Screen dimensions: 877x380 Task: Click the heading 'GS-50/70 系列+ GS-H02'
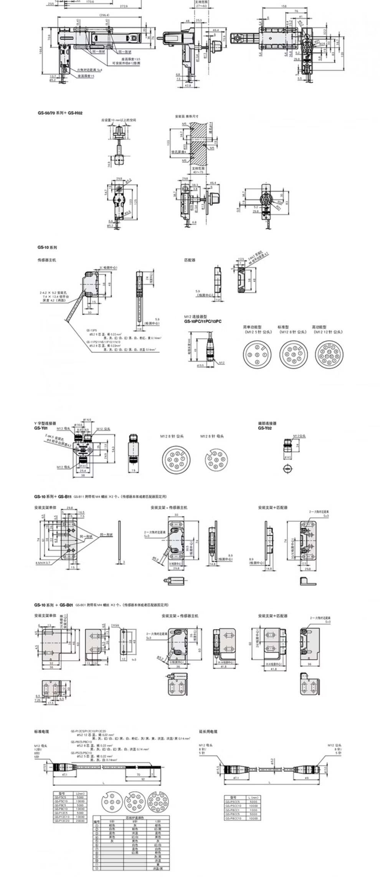pyautogui.click(x=60, y=113)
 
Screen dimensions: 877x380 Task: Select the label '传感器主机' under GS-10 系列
pyautogui.click(x=47, y=260)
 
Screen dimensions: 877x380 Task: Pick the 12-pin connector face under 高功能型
pyautogui.click(x=329, y=353)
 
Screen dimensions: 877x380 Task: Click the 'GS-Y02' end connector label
pyautogui.click(x=264, y=428)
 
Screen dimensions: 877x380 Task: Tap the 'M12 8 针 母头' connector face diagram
pyautogui.click(x=215, y=459)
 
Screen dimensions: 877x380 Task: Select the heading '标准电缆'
pyautogui.click(x=41, y=732)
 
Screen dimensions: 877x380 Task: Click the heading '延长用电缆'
pyautogui.click(x=208, y=732)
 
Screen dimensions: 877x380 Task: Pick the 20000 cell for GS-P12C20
pyautogui.click(x=80, y=821)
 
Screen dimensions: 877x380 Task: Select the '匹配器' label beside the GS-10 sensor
pyautogui.click(x=190, y=260)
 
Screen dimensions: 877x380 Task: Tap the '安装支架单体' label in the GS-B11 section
pyautogui.click(x=45, y=507)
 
